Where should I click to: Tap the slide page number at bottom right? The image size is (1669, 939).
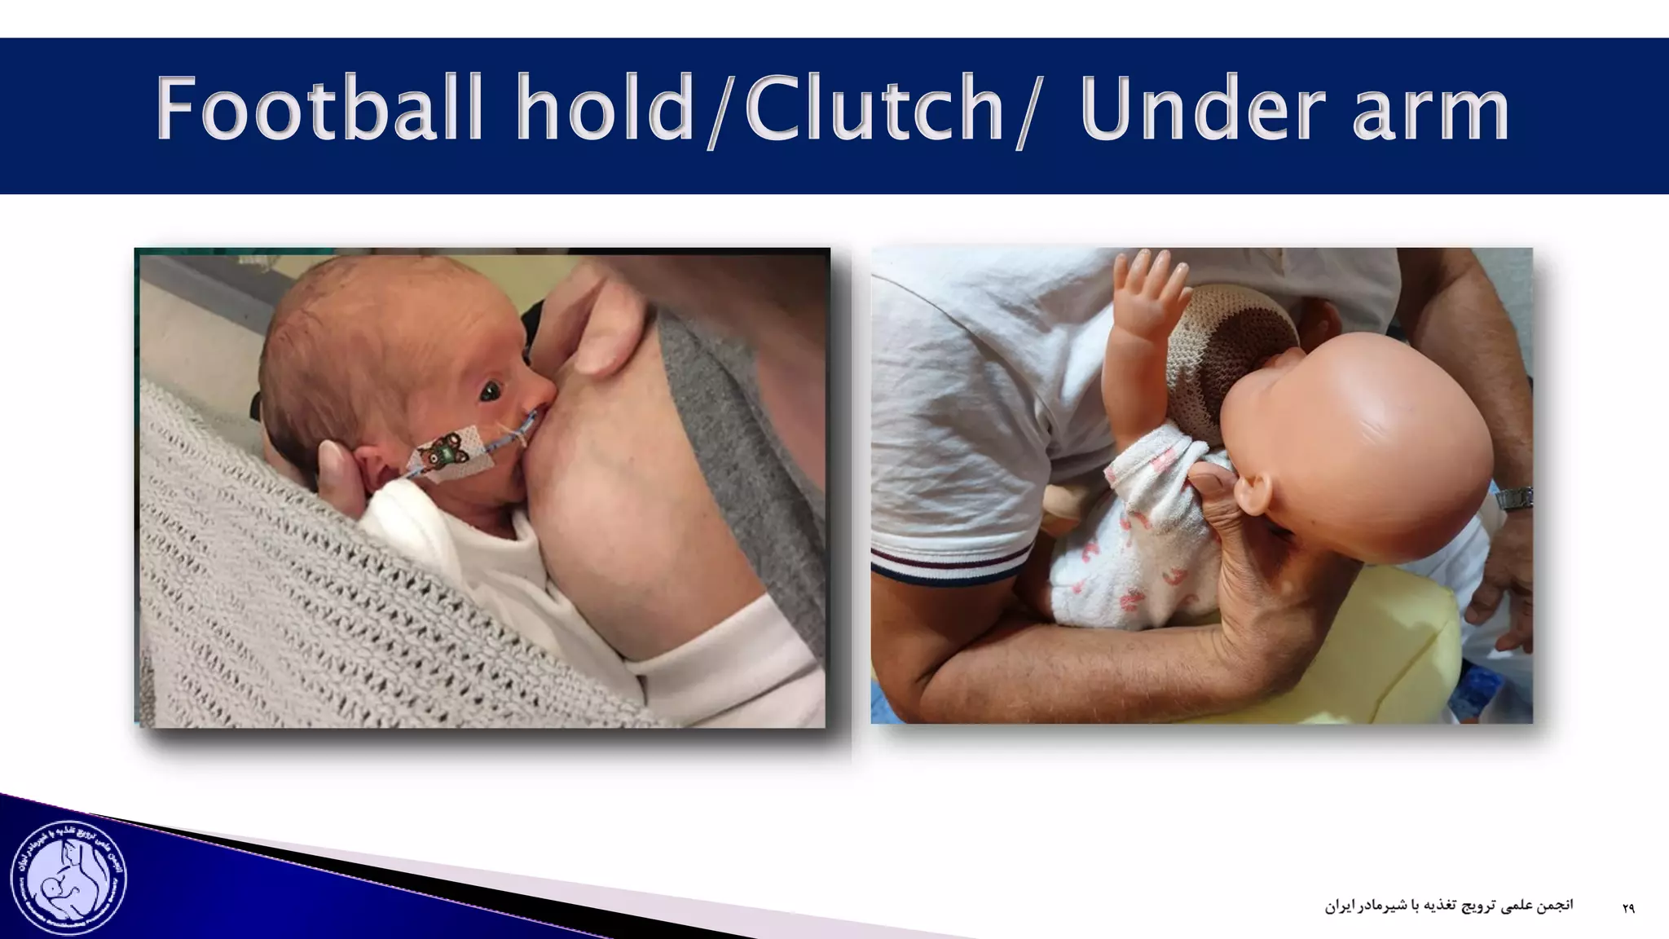click(1627, 908)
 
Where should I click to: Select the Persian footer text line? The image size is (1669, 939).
click(1448, 906)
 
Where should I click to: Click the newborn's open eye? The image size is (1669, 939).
click(491, 393)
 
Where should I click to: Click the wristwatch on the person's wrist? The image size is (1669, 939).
click(1513, 497)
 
